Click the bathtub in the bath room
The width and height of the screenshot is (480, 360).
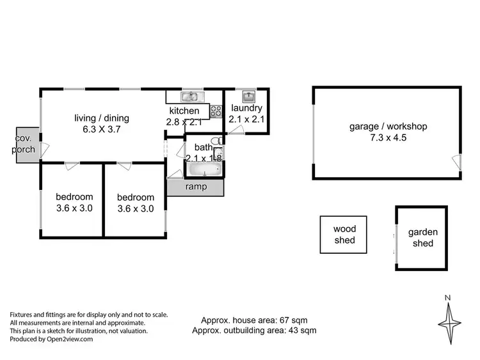[x=204, y=170]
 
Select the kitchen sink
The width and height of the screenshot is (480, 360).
[x=190, y=97]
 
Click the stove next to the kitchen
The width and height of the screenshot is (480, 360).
[x=216, y=110]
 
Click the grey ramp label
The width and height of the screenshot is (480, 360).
[x=195, y=187]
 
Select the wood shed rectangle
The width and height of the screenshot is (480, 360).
[x=344, y=235]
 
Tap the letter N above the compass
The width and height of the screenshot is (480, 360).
[x=449, y=297]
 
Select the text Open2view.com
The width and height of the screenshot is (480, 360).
[x=70, y=340]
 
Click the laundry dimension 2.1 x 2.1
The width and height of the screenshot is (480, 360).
[x=246, y=119]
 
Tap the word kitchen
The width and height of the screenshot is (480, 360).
[x=185, y=111]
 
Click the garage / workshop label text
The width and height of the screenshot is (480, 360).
[x=388, y=127]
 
